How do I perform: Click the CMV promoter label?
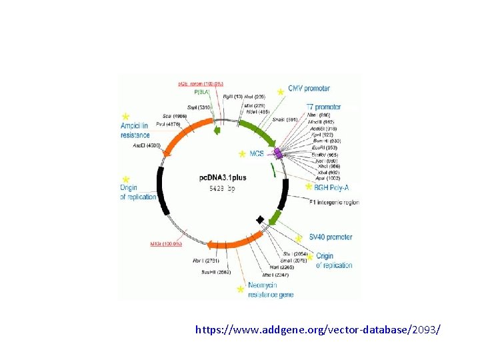(x=309, y=89)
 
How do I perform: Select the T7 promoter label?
(x=323, y=107)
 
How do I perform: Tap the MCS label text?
(x=257, y=154)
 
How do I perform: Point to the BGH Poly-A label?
(x=336, y=189)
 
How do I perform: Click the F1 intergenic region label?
(x=334, y=202)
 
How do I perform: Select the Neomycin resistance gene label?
(x=270, y=289)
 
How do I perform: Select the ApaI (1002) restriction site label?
(x=328, y=178)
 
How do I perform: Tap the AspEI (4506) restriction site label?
(x=147, y=145)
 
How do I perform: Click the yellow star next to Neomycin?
(x=240, y=289)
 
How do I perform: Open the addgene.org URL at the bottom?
(x=317, y=329)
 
